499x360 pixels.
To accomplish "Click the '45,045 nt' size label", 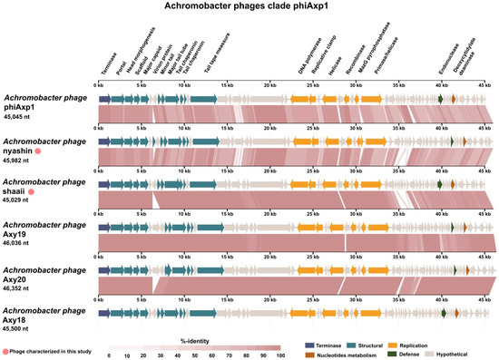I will coord(22,116).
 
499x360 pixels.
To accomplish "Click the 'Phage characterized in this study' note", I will coord(54,350).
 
